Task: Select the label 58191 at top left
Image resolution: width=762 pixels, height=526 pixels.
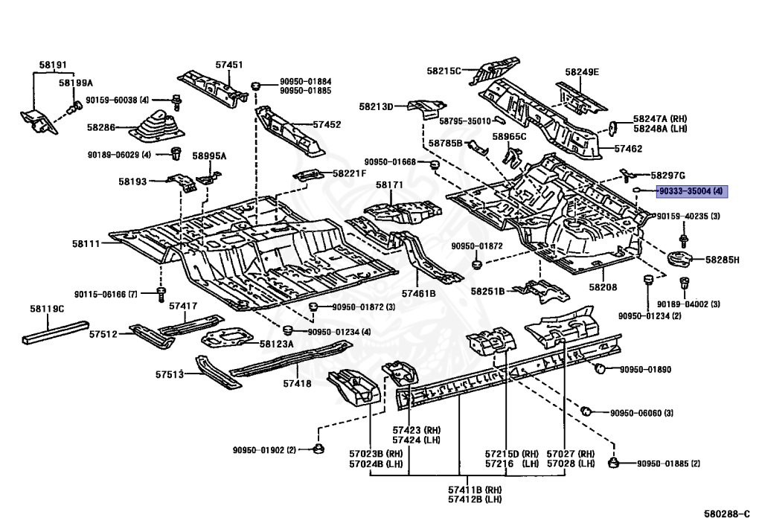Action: [53, 65]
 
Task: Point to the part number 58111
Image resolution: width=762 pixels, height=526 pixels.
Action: [86, 244]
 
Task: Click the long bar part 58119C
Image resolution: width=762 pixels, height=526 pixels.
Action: [55, 331]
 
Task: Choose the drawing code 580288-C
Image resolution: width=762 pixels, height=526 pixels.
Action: [727, 514]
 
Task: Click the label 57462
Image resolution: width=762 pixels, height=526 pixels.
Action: [628, 149]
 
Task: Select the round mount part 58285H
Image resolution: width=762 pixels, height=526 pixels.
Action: [682, 258]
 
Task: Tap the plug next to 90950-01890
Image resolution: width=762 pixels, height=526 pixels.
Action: [601, 368]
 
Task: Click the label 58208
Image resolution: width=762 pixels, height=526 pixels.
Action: [603, 287]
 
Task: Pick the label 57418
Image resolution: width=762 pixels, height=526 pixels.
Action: [298, 384]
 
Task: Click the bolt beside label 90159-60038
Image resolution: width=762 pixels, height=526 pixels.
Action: [177, 103]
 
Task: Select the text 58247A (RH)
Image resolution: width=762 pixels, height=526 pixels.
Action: [660, 118]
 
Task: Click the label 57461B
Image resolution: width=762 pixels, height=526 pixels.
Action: [418, 293]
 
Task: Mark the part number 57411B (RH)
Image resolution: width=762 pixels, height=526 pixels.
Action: [475, 490]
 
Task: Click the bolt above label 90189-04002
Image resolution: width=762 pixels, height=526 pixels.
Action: [685, 282]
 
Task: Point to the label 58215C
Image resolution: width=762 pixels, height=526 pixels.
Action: [444, 71]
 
